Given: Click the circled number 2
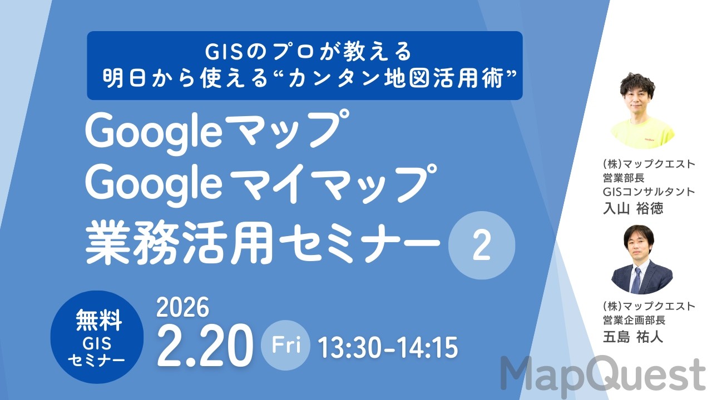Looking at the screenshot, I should (481, 247).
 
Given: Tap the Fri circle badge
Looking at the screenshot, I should (286, 346).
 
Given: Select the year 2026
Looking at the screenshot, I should (183, 306).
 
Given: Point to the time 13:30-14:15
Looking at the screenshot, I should (388, 348).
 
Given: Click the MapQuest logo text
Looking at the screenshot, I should (603, 374).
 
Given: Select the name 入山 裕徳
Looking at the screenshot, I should (634, 208).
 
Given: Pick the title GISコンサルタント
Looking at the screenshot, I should (649, 192).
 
